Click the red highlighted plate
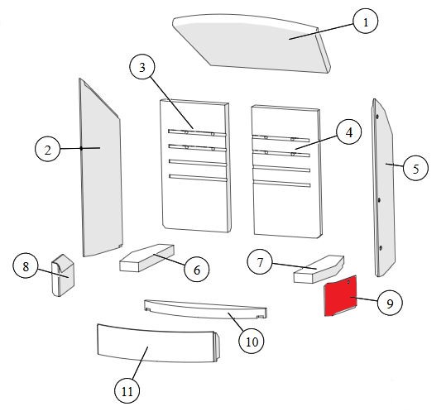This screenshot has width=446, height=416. click(x=340, y=296)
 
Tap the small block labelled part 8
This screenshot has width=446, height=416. click(x=63, y=275)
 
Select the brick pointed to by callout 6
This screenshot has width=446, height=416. click(x=146, y=258)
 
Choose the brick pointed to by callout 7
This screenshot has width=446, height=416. click(x=319, y=269)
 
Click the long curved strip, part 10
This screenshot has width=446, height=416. click(x=205, y=308)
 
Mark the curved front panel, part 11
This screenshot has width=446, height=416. click(x=158, y=344)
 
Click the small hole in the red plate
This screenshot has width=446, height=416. click(x=348, y=282)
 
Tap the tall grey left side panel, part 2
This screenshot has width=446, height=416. click(x=102, y=168)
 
